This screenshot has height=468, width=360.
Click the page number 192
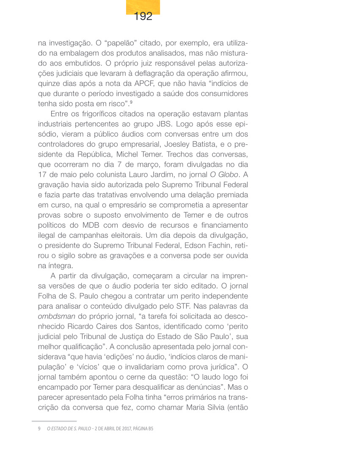[x=143, y=17]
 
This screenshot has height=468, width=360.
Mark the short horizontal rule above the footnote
[x=54, y=421]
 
